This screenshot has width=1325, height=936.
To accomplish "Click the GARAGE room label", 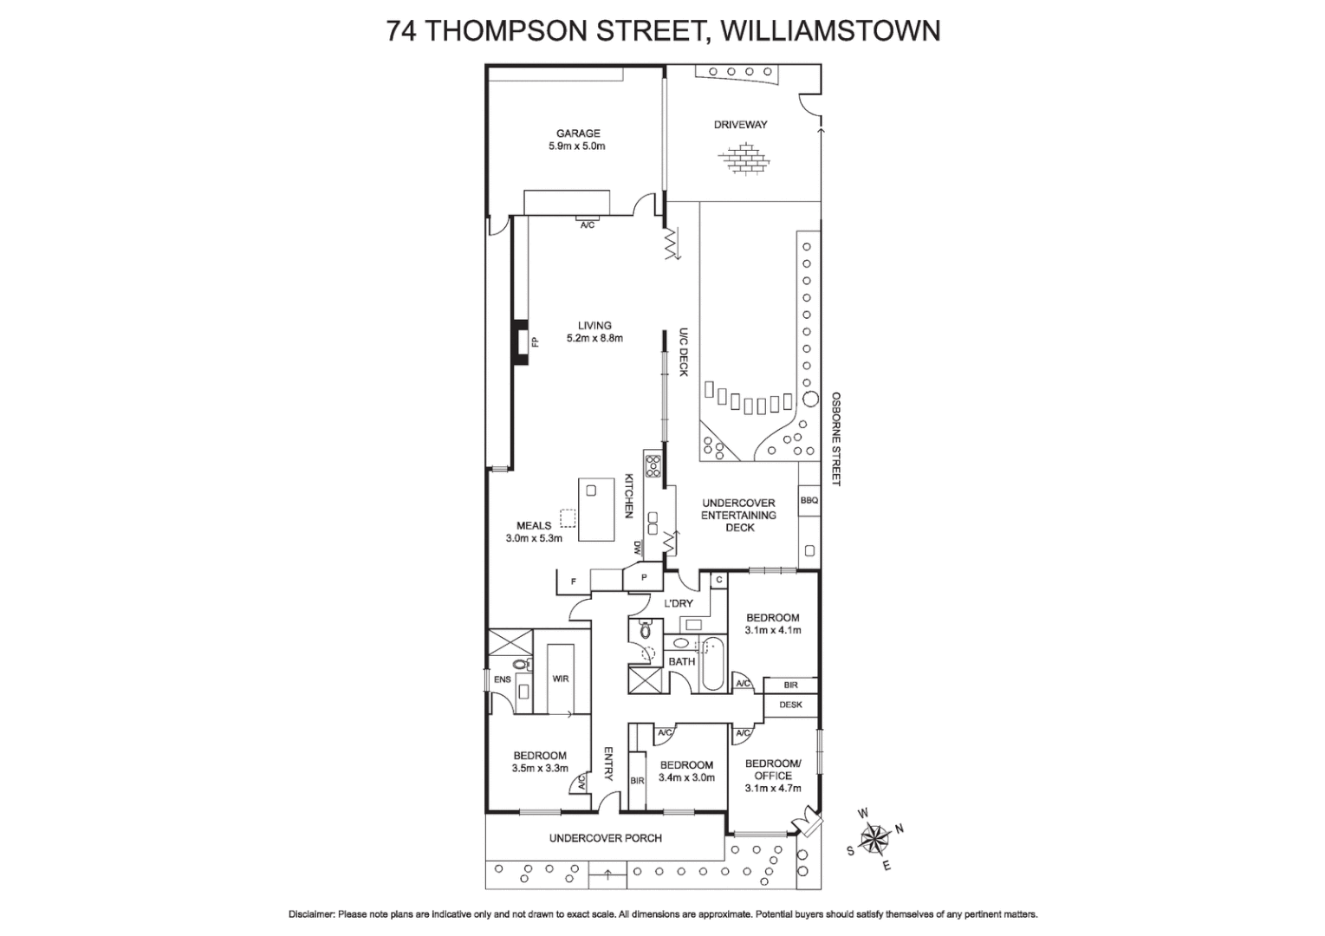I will (x=578, y=133).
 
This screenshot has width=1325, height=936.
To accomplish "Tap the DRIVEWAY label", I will (x=740, y=125).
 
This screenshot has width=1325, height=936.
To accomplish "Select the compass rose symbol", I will (x=877, y=837).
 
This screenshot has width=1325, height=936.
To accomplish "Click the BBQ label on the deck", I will (x=809, y=500).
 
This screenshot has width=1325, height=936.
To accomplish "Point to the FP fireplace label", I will (x=534, y=341).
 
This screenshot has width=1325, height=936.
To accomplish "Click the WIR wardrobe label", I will (x=561, y=679).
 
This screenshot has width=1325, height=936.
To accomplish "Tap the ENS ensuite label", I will (x=502, y=680).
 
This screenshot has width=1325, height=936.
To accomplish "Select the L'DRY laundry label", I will (x=679, y=603).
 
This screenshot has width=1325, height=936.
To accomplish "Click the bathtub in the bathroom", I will (x=711, y=664).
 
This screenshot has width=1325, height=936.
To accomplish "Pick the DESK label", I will (x=790, y=705).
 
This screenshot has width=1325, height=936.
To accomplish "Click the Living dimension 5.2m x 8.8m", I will (x=594, y=339).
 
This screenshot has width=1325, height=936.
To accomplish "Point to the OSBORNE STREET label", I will (x=836, y=439).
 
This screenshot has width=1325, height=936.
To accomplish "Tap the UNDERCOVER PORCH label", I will (x=605, y=838).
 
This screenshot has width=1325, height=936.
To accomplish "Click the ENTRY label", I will (x=607, y=764).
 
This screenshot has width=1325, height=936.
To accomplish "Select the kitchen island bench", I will (x=594, y=509).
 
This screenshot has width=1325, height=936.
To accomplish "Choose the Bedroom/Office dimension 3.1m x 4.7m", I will (x=772, y=789).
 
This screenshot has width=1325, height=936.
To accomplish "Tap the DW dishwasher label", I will (x=637, y=548).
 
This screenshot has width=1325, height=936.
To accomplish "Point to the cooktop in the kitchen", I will (x=653, y=466).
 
